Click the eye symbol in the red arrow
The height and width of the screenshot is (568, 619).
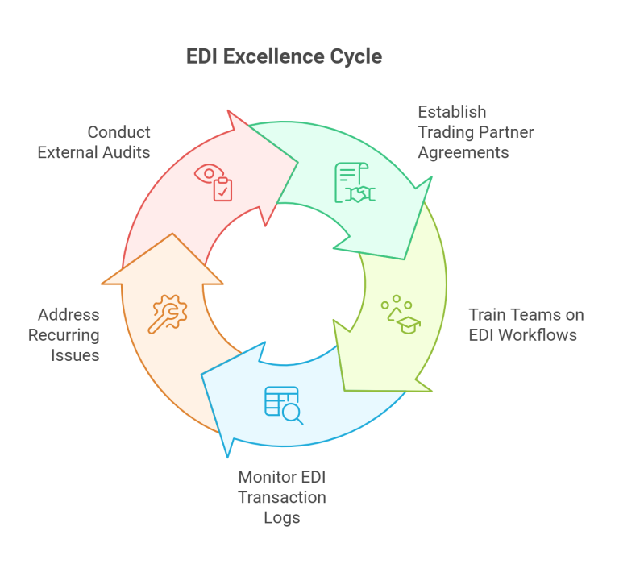(209, 173)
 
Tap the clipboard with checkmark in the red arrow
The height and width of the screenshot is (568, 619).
(222, 189)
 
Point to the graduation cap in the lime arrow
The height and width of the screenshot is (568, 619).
(409, 324)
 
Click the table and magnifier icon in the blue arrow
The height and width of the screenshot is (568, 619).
(283, 404)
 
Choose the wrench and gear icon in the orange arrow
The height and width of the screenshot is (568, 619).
(167, 313)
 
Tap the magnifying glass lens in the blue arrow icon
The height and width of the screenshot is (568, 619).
(293, 414)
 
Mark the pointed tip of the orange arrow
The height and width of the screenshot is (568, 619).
(172, 235)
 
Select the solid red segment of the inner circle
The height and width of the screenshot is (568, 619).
(242, 250)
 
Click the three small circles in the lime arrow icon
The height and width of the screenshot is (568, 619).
(396, 304)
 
